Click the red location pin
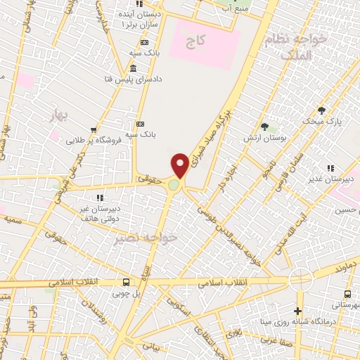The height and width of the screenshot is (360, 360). [x=181, y=165]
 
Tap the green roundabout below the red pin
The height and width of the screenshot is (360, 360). [x=174, y=185]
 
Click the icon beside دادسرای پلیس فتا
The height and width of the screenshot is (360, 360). [x=134, y=68]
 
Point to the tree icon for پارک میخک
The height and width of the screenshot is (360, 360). [x=321, y=110]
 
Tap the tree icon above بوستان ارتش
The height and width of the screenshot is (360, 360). [x=264, y=127]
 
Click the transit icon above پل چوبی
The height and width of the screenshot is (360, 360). [x=127, y=281]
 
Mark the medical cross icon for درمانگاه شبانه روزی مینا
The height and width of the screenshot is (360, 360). [x=297, y=311]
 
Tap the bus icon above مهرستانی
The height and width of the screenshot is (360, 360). [x=347, y=294]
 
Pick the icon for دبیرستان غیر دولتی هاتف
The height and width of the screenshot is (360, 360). [x=99, y=198]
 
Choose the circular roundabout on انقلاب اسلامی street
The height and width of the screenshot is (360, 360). [x=301, y=280]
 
